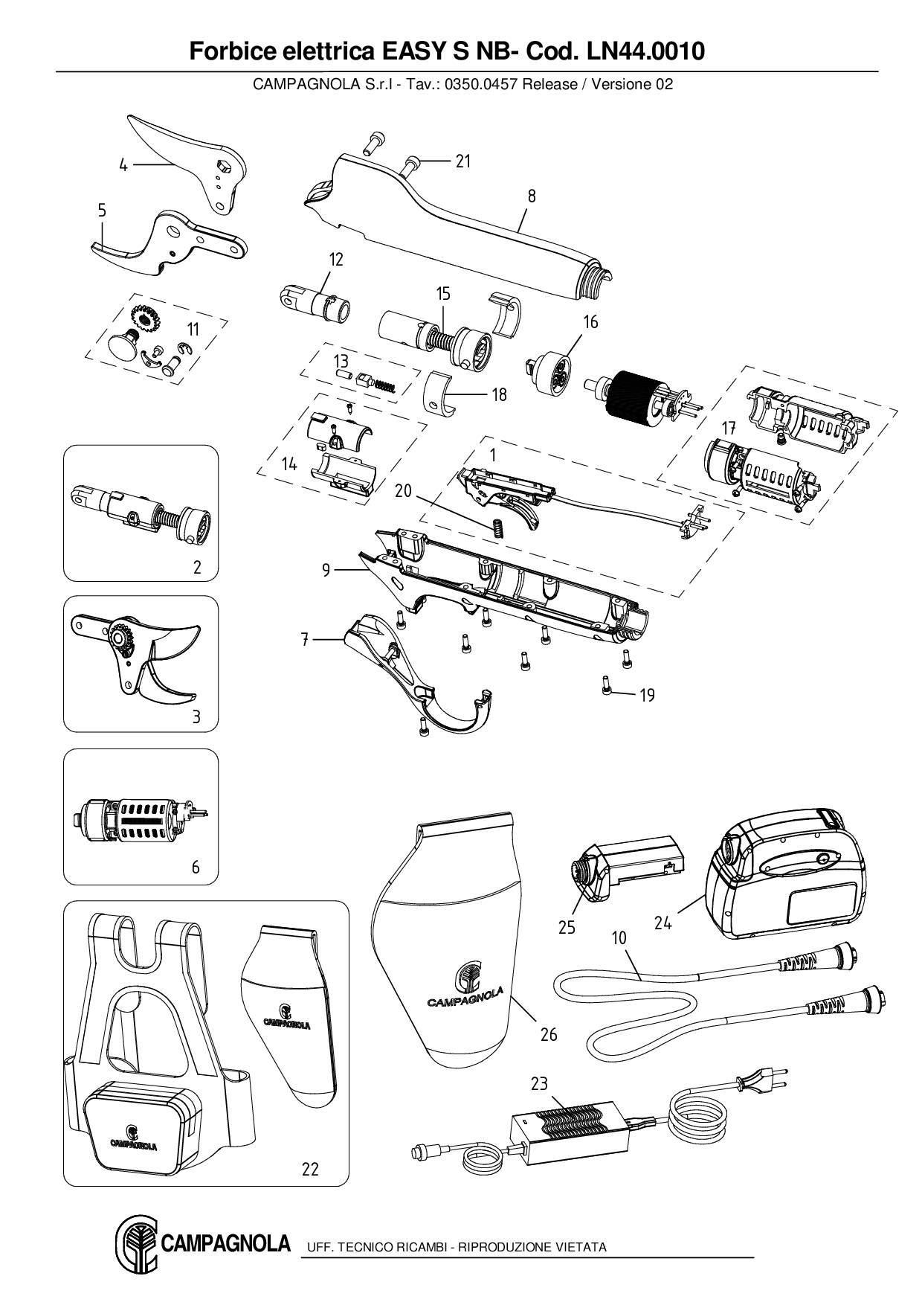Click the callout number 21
(463, 161)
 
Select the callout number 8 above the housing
(532, 196)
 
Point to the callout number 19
(648, 695)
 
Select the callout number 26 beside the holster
(549, 1034)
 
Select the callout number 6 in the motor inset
(196, 868)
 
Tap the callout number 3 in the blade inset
(196, 718)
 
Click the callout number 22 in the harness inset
(310, 1169)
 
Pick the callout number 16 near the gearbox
(590, 322)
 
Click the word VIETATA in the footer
(581, 1247)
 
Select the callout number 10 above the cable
(619, 938)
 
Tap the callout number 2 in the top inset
(197, 567)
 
